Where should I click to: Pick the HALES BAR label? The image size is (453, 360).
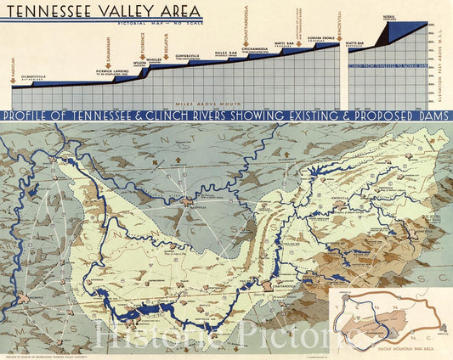225,53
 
